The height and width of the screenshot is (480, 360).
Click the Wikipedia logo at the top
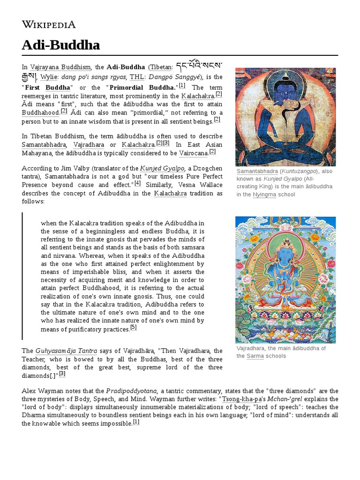[49, 24]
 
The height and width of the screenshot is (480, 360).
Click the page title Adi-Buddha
[60, 45]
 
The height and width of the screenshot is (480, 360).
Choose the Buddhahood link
[41, 113]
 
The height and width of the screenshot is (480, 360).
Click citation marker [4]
[137, 183]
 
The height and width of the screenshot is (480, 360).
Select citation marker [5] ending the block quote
[134, 327]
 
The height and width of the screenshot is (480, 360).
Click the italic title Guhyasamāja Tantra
[66, 351]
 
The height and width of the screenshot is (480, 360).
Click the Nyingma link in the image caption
[264, 195]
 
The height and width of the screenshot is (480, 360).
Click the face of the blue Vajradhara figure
[285, 256]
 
